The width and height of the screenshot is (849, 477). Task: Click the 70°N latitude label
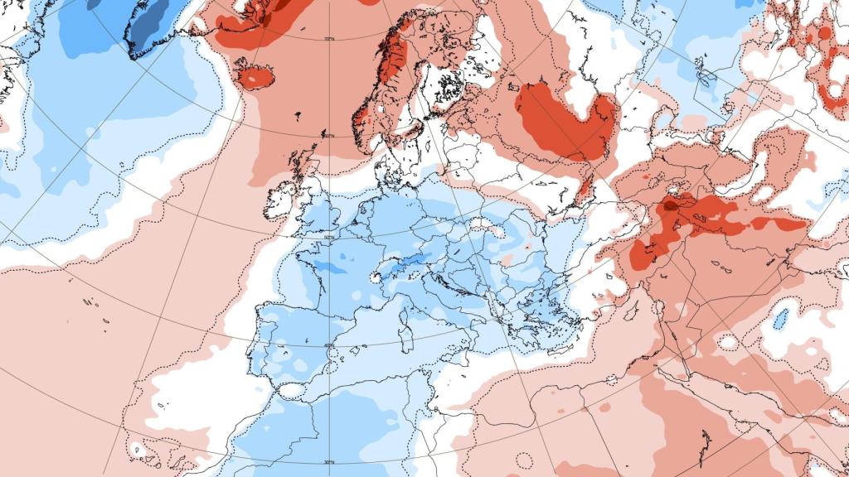[x=329, y=39]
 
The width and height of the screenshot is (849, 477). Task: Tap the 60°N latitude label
[x=329, y=136]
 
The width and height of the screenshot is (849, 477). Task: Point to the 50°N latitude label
[x=329, y=238]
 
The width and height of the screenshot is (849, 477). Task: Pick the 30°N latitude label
[x=329, y=462]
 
